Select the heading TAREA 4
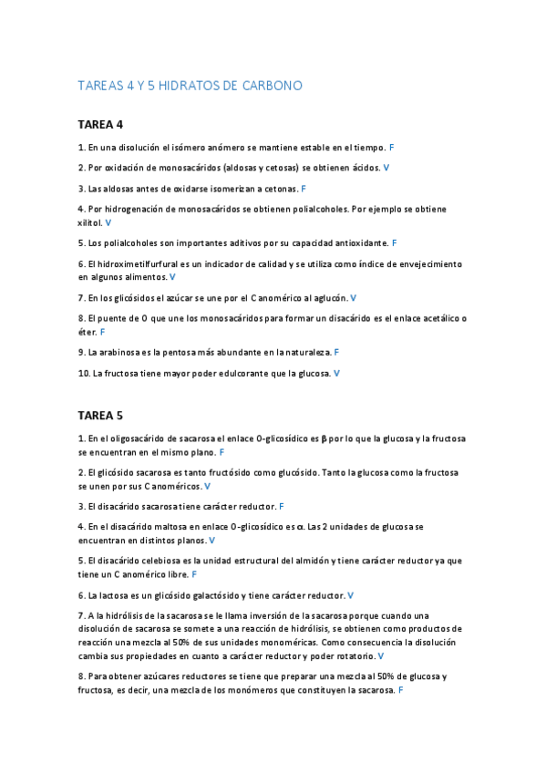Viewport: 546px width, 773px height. (x=100, y=124)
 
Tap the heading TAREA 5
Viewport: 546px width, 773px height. (x=100, y=416)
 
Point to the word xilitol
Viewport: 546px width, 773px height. (x=89, y=222)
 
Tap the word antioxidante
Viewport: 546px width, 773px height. (x=359, y=243)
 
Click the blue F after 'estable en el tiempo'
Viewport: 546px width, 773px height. (x=391, y=147)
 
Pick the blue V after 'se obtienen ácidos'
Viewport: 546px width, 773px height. (x=386, y=168)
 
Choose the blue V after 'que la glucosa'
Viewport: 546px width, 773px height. (x=336, y=373)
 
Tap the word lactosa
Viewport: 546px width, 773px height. (x=109, y=595)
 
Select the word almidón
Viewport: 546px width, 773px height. (x=310, y=561)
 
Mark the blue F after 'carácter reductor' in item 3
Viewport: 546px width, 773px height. (x=282, y=506)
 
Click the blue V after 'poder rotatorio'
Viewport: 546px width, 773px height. (x=380, y=656)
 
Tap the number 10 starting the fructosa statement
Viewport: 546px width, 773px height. (x=83, y=373)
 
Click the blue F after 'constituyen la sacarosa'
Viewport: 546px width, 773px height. (x=401, y=691)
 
